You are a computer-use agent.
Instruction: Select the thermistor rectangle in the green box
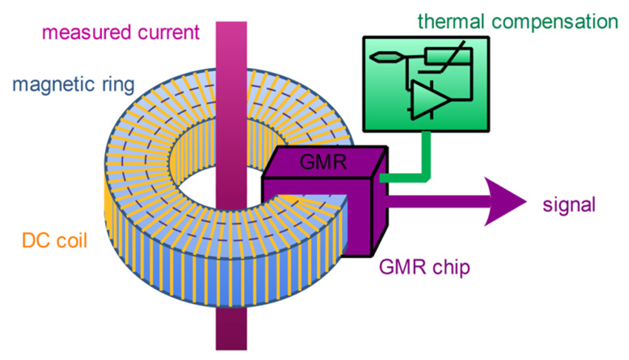[447, 57]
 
